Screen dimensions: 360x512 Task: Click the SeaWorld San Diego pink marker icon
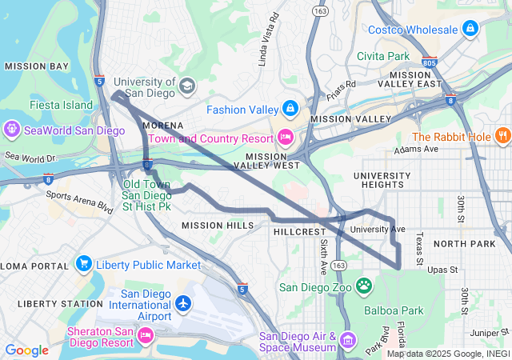click(x=12, y=130)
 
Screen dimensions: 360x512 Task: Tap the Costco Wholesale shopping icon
click(x=470, y=30)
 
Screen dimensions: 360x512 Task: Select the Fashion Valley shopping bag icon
click(x=290, y=109)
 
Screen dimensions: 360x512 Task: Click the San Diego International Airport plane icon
click(x=184, y=304)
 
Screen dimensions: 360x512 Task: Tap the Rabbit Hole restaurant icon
click(x=503, y=136)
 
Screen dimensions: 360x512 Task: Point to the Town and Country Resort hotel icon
click(x=285, y=138)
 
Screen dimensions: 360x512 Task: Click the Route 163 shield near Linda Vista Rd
click(x=319, y=11)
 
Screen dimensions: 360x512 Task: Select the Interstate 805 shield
click(x=430, y=61)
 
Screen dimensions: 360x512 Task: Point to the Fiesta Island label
click(x=61, y=104)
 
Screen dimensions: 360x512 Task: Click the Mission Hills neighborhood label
click(x=218, y=226)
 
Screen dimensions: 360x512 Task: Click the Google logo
click(x=26, y=350)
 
